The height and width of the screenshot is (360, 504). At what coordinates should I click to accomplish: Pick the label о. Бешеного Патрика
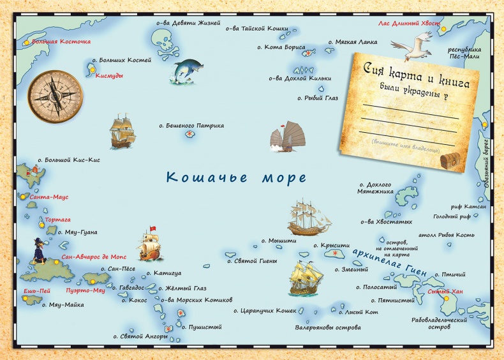[x=191, y=126]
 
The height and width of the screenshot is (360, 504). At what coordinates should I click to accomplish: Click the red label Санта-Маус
[x=49, y=197]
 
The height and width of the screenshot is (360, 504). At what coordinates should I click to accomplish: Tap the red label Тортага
[x=58, y=220]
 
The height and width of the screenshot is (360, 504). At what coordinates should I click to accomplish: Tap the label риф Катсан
[x=472, y=207]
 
